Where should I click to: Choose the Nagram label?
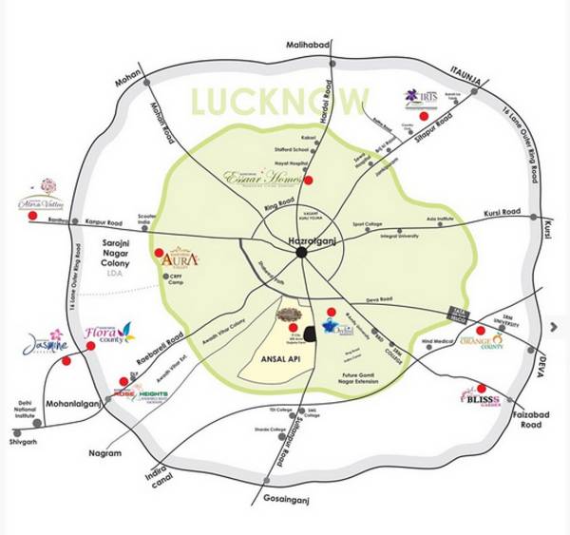(107, 454)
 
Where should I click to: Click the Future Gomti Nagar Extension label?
(348, 385)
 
